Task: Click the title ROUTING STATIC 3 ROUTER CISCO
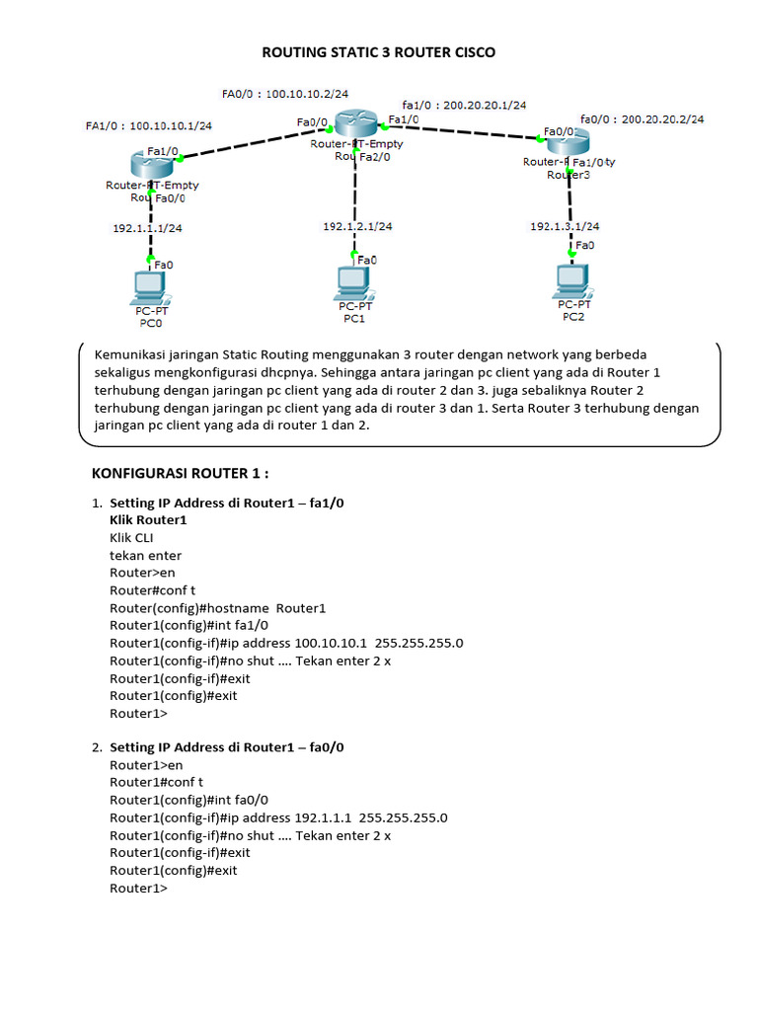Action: tap(378, 52)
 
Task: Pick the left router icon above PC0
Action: tap(150, 164)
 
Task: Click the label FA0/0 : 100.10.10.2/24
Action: tap(285, 94)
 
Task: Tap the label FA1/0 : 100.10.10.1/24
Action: tap(149, 125)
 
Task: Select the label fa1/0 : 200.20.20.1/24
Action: tap(464, 104)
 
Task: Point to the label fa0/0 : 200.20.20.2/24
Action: tap(643, 118)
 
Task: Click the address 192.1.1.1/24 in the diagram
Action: tap(146, 228)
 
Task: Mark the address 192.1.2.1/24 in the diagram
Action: tap(357, 226)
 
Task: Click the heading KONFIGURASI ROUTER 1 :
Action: tap(180, 473)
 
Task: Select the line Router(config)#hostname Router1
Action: tap(217, 608)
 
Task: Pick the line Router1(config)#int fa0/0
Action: tap(189, 800)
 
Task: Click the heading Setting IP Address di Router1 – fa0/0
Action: tap(226, 747)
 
